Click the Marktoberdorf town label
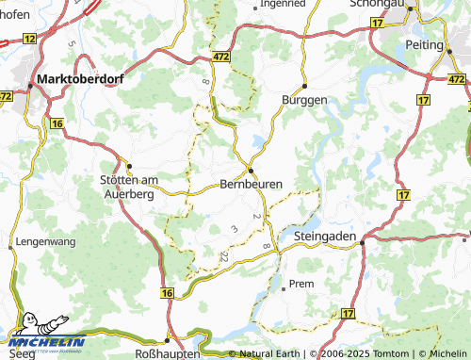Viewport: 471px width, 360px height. [79, 79]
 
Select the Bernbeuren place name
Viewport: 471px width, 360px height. [250, 184]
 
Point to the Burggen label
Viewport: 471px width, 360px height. [304, 99]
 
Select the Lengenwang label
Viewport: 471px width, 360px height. [45, 242]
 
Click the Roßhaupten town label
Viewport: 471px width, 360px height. [168, 353]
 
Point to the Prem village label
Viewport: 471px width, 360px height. [301, 284]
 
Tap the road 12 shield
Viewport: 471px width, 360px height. [29, 39]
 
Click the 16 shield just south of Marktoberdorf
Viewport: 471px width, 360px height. [57, 123]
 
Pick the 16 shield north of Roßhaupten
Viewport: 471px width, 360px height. [168, 295]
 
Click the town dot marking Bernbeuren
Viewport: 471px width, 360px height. [251, 170]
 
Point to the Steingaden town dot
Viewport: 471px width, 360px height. [362, 242]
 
